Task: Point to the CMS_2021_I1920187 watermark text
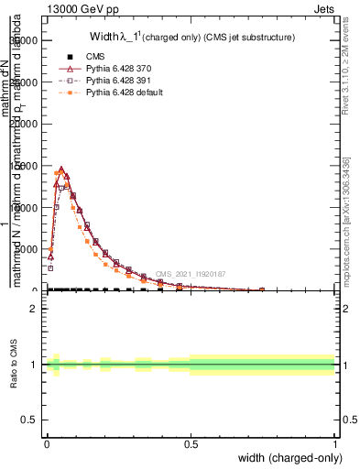(190, 274)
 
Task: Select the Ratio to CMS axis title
(15, 365)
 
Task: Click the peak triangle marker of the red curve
(61, 169)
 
